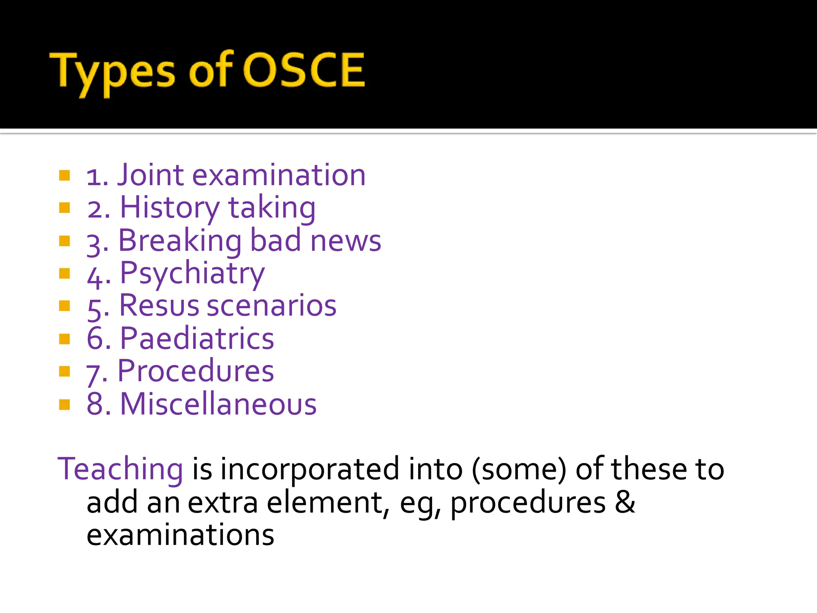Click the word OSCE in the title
click(304, 71)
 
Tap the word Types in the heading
click(112, 72)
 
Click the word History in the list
click(170, 208)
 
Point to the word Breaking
click(180, 241)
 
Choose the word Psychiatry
click(192, 274)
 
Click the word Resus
click(159, 306)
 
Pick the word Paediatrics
click(197, 339)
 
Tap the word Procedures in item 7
click(195, 372)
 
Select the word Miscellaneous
click(218, 404)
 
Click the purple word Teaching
click(120, 469)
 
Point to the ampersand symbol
click(625, 502)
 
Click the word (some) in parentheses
click(519, 469)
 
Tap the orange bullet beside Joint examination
click(65, 175)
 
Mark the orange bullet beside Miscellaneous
click(65, 405)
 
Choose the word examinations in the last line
click(180, 535)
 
